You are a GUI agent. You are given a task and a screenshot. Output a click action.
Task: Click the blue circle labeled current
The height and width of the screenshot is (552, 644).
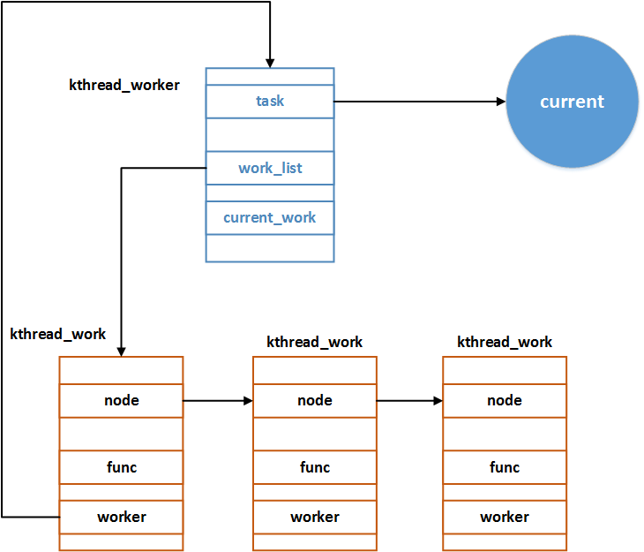(572, 102)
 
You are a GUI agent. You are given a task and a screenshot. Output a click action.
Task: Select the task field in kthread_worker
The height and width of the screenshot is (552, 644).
(270, 101)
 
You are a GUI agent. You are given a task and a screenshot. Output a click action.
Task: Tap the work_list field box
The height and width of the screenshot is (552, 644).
(270, 168)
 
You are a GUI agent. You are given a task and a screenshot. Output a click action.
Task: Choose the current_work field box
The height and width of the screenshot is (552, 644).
(270, 217)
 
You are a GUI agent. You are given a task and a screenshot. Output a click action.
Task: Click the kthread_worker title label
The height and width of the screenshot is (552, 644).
(124, 85)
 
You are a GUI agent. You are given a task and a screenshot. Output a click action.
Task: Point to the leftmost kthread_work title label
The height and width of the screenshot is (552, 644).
(58, 334)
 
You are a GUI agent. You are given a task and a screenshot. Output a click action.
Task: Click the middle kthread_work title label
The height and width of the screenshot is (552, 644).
(315, 342)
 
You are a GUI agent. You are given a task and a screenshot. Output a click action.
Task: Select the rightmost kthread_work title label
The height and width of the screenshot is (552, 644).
(505, 342)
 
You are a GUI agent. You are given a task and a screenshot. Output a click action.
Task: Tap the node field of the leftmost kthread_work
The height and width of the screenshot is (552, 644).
(121, 400)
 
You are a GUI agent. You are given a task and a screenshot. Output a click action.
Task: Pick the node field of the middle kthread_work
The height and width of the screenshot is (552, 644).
(315, 400)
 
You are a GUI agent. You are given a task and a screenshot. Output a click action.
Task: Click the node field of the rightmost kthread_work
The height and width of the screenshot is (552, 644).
(505, 400)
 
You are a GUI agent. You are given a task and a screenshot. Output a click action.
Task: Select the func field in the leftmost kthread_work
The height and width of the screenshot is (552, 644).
(121, 467)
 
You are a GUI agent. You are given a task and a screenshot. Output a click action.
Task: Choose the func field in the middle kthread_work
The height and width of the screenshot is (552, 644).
(315, 467)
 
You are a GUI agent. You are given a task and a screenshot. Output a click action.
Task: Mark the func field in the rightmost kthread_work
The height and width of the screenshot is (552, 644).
(505, 467)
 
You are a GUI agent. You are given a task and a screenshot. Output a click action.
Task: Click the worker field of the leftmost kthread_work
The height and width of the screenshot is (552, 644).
(121, 517)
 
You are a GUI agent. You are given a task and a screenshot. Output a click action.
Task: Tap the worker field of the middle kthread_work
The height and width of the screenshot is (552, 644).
(315, 517)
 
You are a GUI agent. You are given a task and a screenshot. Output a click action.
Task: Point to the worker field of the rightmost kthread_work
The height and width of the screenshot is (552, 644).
(505, 517)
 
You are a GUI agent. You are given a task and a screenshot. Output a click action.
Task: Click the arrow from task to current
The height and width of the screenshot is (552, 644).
(419, 102)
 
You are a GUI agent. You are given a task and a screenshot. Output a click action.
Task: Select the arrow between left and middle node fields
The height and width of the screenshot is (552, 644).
(218, 400)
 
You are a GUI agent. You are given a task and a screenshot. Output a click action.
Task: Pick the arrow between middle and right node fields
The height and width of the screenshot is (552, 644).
(409, 400)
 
